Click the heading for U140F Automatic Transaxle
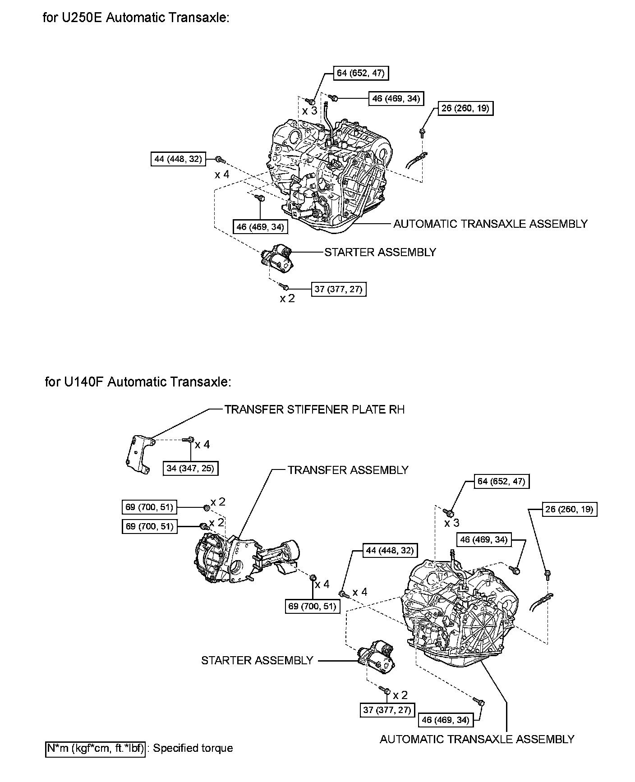pyautogui.click(x=138, y=382)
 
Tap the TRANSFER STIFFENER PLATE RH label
pyautogui.click(x=314, y=409)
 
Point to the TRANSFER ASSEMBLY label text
pyautogui.click(x=348, y=470)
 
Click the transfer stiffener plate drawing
pyautogui.click(x=139, y=455)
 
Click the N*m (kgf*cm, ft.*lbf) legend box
pyautogui.click(x=96, y=748)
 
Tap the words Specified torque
pyautogui.click(x=193, y=748)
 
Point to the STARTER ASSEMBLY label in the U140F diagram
pyautogui.click(x=257, y=661)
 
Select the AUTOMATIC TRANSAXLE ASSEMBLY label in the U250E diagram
pyautogui.click(x=490, y=224)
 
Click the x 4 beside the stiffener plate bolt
pyautogui.click(x=202, y=445)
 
